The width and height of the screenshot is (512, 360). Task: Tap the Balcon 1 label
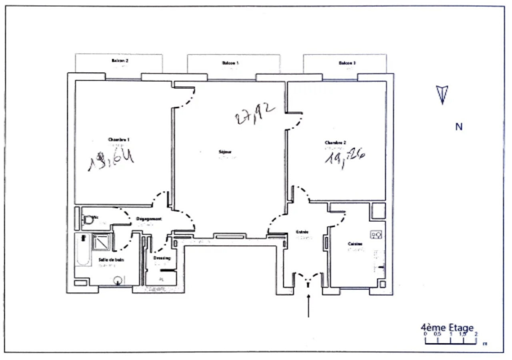pyautogui.click(x=230, y=63)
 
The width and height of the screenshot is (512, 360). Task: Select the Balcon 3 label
pyautogui.click(x=347, y=63)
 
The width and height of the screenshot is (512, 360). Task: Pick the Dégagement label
pyautogui.click(x=148, y=219)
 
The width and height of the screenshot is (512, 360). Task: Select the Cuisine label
pyautogui.click(x=355, y=244)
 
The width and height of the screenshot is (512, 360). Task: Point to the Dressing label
pyautogui.click(x=162, y=258)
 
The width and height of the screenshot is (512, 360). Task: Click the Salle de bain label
pyautogui.click(x=112, y=260)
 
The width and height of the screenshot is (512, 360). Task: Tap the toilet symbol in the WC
pyautogui.click(x=88, y=219)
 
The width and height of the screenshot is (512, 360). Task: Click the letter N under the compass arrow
pyautogui.click(x=459, y=127)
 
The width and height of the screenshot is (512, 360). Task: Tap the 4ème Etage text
pyautogui.click(x=447, y=328)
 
